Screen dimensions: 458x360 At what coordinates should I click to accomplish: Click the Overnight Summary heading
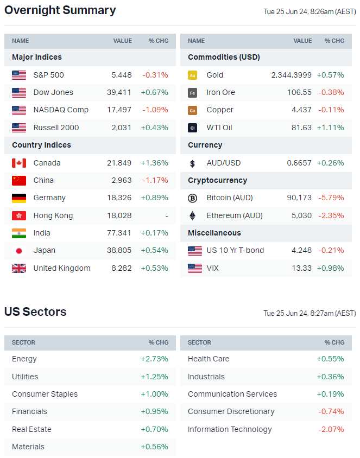pyautogui.click(x=60, y=10)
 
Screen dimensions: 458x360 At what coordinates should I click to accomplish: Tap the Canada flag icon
pyautogui.click(x=19, y=163)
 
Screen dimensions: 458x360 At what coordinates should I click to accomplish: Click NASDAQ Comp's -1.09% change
pyautogui.click(x=155, y=110)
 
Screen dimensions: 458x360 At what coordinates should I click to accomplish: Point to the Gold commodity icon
pyautogui.click(x=193, y=75)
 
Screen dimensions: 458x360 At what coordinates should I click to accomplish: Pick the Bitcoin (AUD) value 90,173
pyautogui.click(x=299, y=198)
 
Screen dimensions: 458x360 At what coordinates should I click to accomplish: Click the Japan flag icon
pyautogui.click(x=19, y=251)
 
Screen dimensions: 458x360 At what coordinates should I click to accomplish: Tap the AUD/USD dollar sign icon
pyautogui.click(x=193, y=163)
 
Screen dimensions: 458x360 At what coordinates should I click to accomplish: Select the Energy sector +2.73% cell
pyautogui.click(x=155, y=359)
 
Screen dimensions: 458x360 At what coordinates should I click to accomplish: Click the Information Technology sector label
pyautogui.click(x=230, y=429)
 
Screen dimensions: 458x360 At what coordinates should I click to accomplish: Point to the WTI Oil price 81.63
pyautogui.click(x=302, y=128)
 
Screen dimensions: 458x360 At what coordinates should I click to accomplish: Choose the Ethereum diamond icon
pyautogui.click(x=193, y=215)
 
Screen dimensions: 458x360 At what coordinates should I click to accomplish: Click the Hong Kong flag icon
pyautogui.click(x=19, y=215)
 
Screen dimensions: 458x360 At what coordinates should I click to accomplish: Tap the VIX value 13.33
pyautogui.click(x=302, y=268)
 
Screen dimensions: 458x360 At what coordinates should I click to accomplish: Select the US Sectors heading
pyautogui.click(x=35, y=312)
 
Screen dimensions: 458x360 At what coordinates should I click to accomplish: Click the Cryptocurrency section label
pyautogui.click(x=217, y=180)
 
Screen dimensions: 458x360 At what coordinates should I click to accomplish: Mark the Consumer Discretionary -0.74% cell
pyautogui.click(x=331, y=411)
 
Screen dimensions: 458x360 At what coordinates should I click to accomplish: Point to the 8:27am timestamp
pyautogui.click(x=310, y=313)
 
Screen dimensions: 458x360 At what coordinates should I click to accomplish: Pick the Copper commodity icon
pyautogui.click(x=193, y=110)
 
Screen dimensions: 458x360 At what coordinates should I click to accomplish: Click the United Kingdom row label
pyautogui.click(x=62, y=268)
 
